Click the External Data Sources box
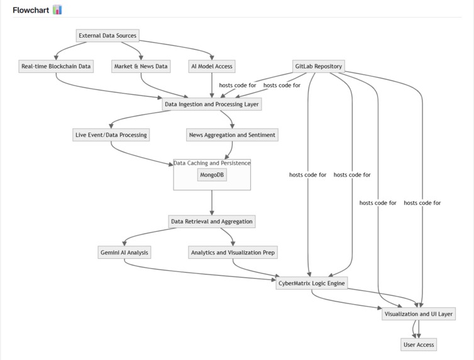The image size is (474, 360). (x=107, y=35)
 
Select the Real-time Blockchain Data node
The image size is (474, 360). (x=56, y=66)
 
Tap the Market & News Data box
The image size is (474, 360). (x=141, y=66)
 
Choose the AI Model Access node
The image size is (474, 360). (x=212, y=66)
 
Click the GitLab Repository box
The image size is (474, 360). (x=318, y=66)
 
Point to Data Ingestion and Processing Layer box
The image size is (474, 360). (x=211, y=104)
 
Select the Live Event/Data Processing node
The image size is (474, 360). (x=111, y=134)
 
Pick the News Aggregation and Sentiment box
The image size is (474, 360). (x=232, y=134)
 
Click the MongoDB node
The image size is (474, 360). (x=212, y=174)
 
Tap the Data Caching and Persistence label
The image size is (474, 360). (x=212, y=163)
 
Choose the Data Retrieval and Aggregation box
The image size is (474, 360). (x=212, y=221)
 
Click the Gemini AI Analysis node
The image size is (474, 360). (x=124, y=253)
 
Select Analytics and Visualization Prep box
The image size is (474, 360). (x=233, y=253)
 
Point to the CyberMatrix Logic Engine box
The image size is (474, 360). (x=312, y=283)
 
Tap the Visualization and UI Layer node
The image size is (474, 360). (x=417, y=314)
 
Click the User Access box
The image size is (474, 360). (x=418, y=344)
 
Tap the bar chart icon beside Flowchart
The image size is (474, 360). (x=57, y=9)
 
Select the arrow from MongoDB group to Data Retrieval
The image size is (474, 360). (x=212, y=202)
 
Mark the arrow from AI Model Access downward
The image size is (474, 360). (x=212, y=84)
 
